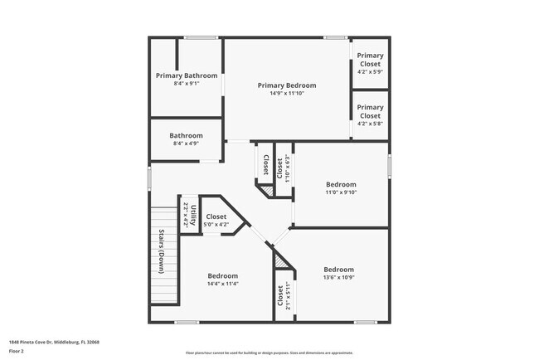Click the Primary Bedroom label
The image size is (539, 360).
coord(287,85)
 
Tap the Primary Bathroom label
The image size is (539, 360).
coord(187,75)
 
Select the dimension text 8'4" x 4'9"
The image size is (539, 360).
coord(187,144)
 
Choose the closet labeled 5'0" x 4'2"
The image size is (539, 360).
coord(216,223)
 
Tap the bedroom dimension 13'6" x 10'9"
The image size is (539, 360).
coord(338,277)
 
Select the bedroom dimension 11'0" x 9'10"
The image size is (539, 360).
coord(341,192)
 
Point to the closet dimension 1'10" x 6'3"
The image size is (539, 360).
coord(288,168)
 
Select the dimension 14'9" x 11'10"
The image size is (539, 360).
coord(287,93)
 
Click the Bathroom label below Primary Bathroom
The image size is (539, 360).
coord(187,135)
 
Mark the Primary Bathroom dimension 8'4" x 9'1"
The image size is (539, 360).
coord(187,84)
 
